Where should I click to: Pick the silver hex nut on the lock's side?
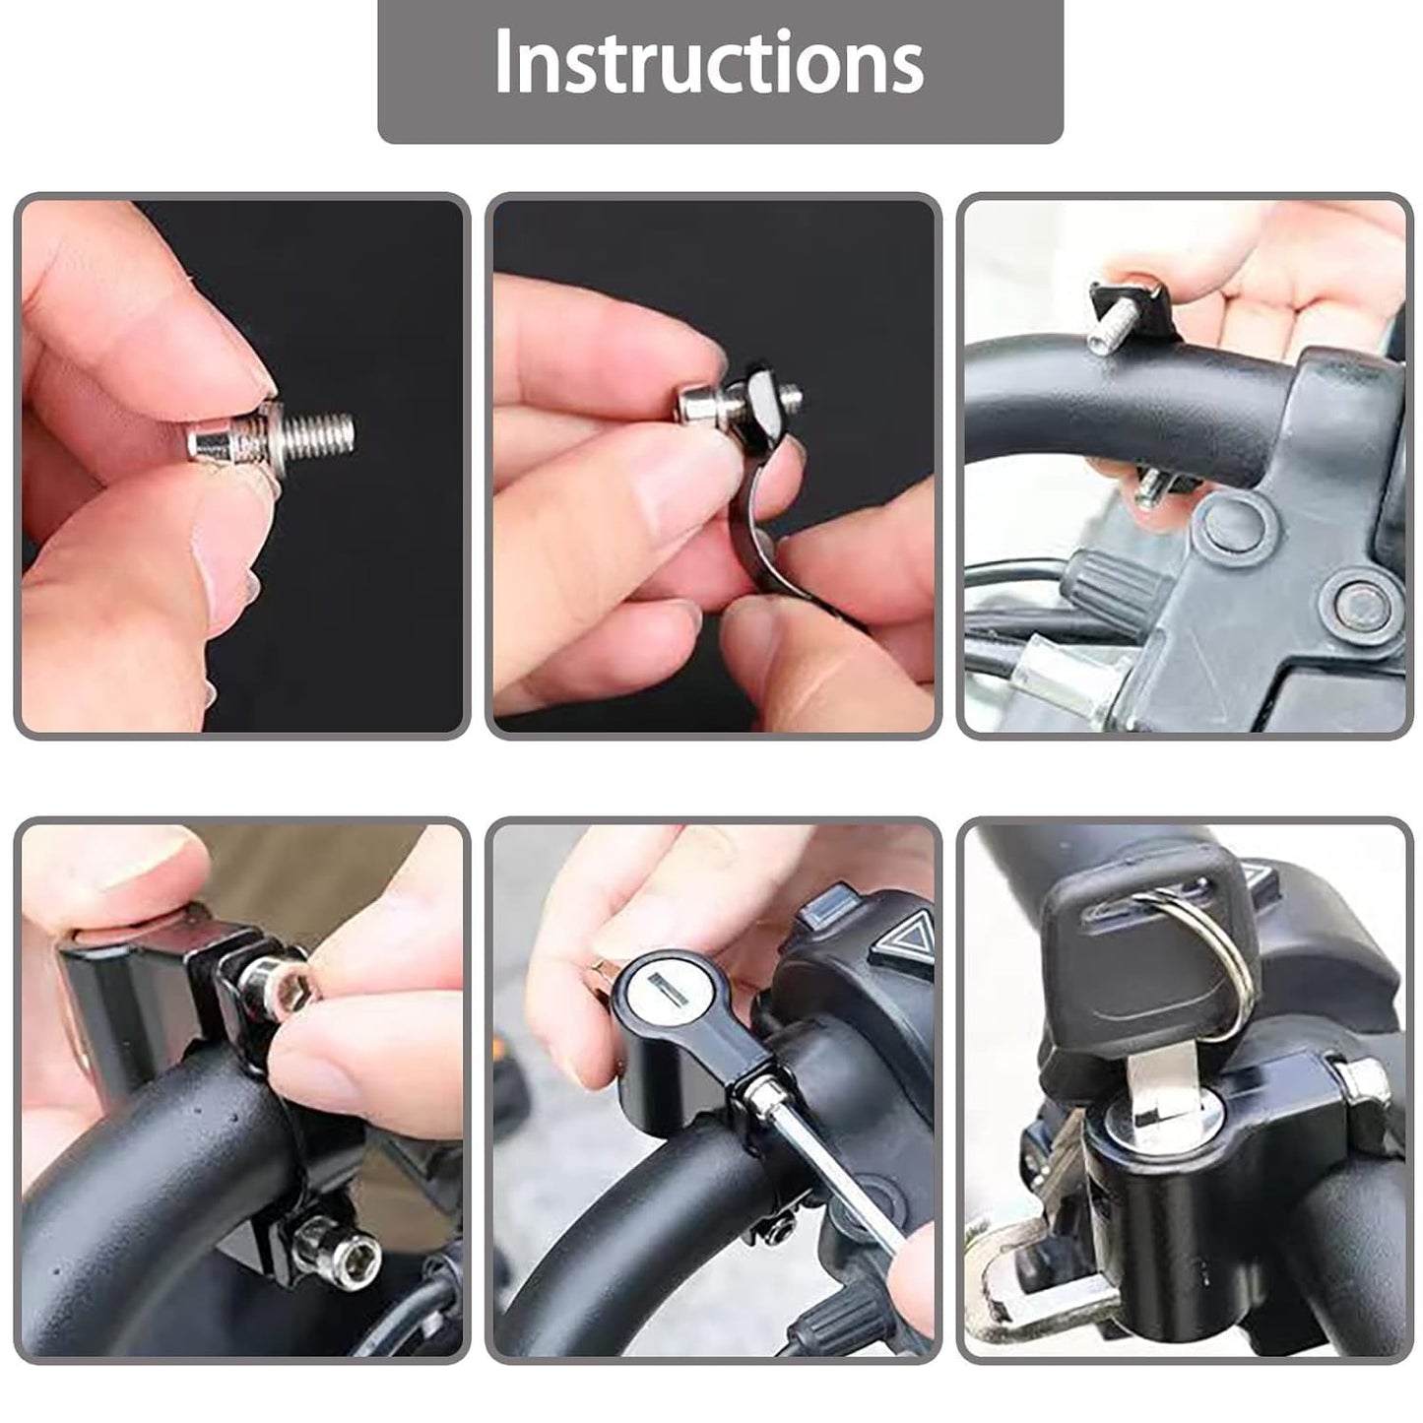[1360, 1085]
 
